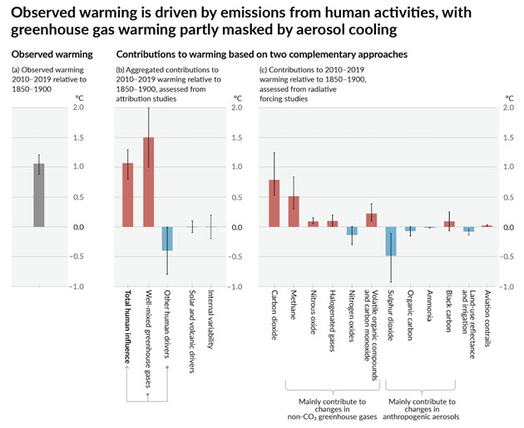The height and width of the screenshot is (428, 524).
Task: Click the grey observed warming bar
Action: point(38,195)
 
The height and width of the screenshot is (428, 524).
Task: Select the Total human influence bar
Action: point(128,195)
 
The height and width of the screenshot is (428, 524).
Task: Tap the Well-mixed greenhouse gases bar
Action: point(148,182)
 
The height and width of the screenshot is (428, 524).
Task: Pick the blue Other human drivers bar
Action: point(168,238)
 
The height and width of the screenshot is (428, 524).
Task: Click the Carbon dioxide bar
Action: point(274,203)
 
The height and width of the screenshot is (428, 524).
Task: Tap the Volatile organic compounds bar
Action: point(371,220)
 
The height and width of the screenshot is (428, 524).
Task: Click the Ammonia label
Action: point(430,308)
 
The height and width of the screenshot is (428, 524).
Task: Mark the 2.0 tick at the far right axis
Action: point(505,107)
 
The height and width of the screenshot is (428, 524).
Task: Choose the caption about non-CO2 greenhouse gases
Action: point(330,408)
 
